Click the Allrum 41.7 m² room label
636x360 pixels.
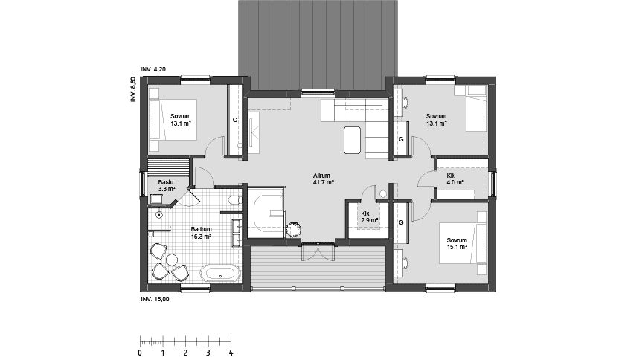pos(322,179)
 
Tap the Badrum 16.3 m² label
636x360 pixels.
pos(201,233)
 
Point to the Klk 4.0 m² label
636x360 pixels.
pos(455,179)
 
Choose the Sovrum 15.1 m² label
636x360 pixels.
pos(457,244)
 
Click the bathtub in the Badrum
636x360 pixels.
pos(221,274)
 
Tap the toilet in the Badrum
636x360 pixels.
pos(234,201)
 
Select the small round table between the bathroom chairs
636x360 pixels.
pos(171,260)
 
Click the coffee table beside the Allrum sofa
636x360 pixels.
pos(353,139)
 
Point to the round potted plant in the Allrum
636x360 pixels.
pos(295,229)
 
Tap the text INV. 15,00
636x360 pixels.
pos(155,299)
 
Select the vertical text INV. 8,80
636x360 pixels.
pos(133,89)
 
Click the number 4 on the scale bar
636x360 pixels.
pos(231,353)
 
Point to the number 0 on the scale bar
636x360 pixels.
pos(140,353)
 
